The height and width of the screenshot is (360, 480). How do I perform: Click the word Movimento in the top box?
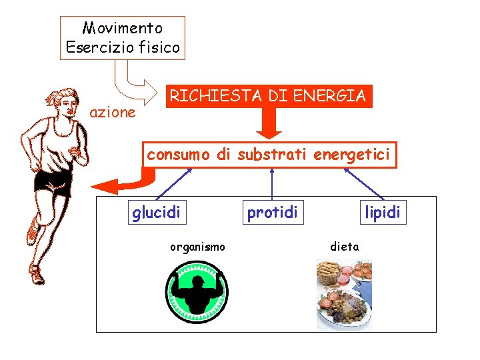(x=122, y=28)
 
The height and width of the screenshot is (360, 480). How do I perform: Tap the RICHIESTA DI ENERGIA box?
(x=267, y=96)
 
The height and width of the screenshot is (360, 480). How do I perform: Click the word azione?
(x=112, y=113)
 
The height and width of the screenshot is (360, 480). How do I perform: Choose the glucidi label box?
(x=156, y=213)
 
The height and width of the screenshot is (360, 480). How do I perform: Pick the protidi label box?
(x=272, y=213)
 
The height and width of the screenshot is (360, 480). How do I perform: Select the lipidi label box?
(x=382, y=213)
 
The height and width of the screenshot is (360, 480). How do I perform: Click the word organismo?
(x=197, y=247)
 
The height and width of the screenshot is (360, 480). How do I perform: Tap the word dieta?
(x=345, y=247)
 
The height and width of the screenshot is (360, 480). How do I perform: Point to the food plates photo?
(x=344, y=294)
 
